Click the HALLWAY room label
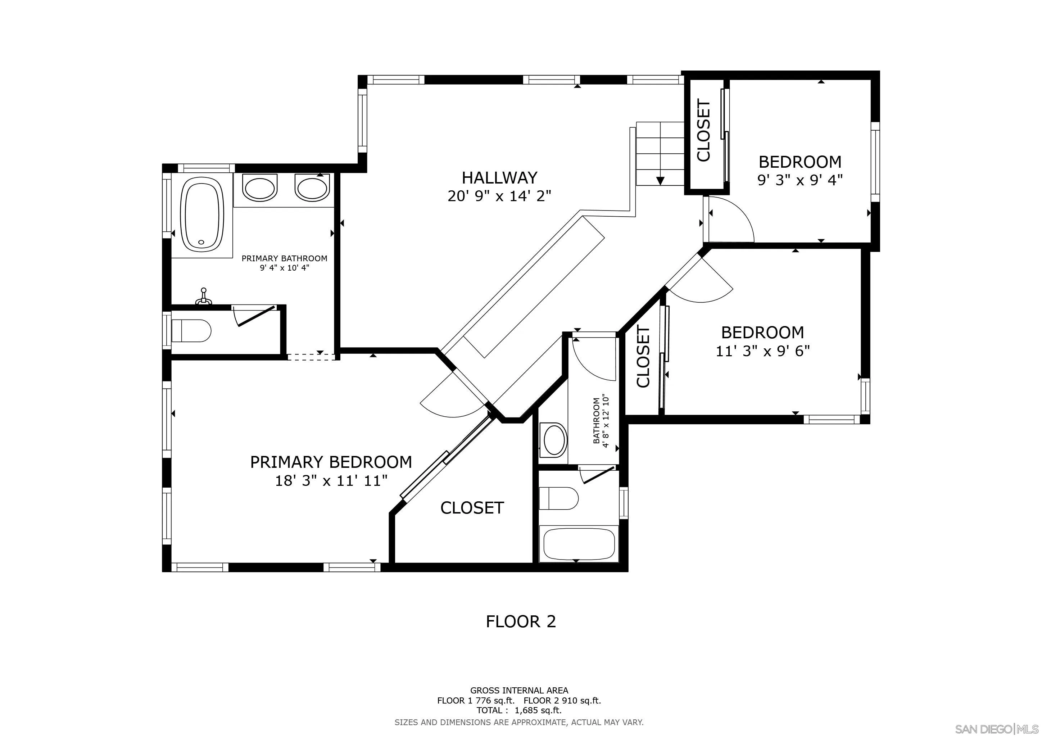point(500,177)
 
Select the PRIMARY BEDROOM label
point(331,462)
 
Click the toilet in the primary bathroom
point(191,331)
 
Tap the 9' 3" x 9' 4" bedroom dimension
point(800,181)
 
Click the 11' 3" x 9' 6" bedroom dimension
point(763,351)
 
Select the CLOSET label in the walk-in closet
point(472,508)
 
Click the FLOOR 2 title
point(521,621)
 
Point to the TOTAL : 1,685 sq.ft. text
point(519,710)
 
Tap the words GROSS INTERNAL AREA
point(519,691)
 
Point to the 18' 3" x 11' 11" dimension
point(331,480)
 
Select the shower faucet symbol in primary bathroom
point(204,297)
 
